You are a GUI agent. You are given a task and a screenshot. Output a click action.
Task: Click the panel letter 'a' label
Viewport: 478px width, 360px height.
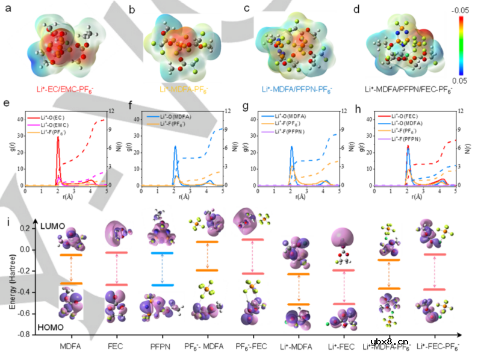(8, 10)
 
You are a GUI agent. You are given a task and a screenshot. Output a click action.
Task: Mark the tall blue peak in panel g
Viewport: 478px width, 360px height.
(291, 148)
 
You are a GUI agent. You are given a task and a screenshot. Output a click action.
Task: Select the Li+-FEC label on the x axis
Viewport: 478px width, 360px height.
(336, 347)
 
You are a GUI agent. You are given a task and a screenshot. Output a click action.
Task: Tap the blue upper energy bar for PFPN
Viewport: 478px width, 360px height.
(162, 253)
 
